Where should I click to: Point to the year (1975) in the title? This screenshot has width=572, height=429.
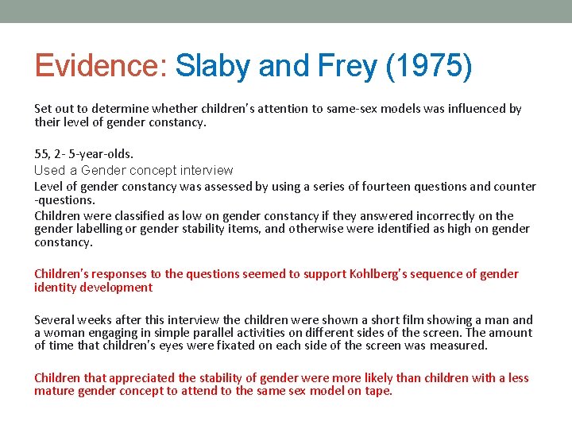(428, 66)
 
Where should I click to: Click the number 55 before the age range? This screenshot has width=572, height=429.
(41, 153)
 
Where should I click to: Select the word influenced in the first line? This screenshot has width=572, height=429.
(478, 108)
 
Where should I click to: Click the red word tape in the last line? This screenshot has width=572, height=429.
(376, 391)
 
